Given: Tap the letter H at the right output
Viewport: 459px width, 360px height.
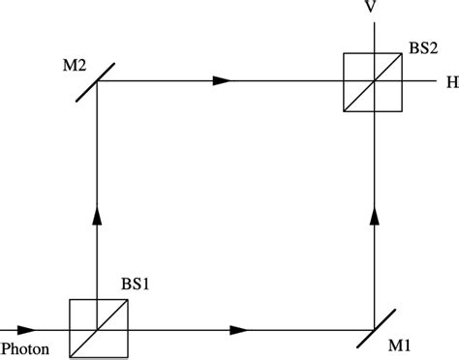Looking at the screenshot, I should coord(450,82).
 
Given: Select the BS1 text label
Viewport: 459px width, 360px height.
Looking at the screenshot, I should coord(134,286).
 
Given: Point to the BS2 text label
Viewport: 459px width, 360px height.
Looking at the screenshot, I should coord(422,45).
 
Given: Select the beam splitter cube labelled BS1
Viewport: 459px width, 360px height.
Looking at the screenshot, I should coord(98,330).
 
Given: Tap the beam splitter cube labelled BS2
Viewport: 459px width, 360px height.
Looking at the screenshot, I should coord(373,82).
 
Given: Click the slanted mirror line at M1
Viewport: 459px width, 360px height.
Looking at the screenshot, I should coord(374,330).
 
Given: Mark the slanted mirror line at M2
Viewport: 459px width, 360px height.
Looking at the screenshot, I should coord(98,81).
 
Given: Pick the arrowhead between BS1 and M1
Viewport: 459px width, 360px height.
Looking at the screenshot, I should coord(238,330).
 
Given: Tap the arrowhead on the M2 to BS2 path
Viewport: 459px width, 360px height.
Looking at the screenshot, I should coord(223,81).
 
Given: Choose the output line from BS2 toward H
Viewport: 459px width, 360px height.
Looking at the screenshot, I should coord(420,82).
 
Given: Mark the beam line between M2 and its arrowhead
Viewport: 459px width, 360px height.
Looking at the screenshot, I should coord(155,81).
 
